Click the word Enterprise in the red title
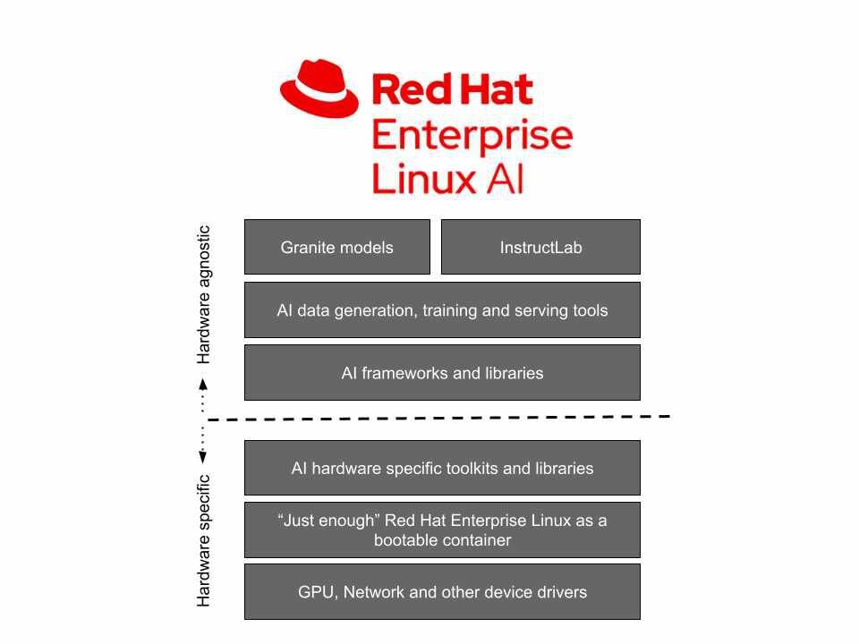tap(472, 136)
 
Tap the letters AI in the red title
tap(505, 178)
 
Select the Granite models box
tap(336, 247)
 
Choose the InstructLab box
tap(540, 247)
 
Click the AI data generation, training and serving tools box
tap(442, 310)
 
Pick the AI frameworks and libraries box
tap(442, 373)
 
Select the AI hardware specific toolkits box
tap(442, 468)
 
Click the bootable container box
tap(442, 530)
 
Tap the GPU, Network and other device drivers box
tap(442, 592)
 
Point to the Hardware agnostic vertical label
tap(204, 294)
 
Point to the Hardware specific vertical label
tap(204, 540)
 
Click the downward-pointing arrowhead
tap(203, 457)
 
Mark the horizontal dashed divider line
tap(438, 418)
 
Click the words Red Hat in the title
tap(452, 89)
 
